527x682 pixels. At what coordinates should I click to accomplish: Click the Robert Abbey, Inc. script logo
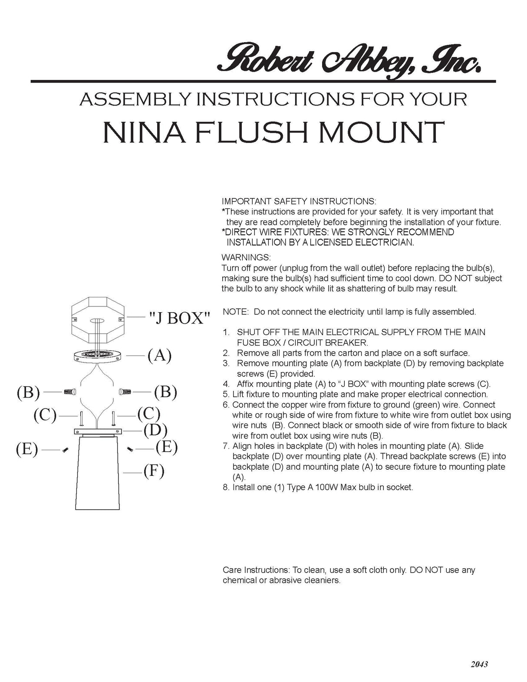point(350,63)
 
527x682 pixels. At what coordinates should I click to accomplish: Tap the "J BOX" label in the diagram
point(179,318)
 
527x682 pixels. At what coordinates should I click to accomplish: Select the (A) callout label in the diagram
point(159,355)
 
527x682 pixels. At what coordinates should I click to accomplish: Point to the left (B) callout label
point(28,392)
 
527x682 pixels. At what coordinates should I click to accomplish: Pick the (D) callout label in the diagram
point(155,430)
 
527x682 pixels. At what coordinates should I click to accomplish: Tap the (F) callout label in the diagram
point(154,471)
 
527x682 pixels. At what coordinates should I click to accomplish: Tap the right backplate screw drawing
point(130,449)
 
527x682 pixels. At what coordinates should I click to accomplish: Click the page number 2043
point(479,664)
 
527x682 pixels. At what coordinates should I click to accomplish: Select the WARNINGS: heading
point(246,257)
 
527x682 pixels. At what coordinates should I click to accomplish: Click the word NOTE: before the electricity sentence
point(236,312)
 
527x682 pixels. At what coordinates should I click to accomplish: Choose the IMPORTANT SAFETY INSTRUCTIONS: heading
point(299,201)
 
